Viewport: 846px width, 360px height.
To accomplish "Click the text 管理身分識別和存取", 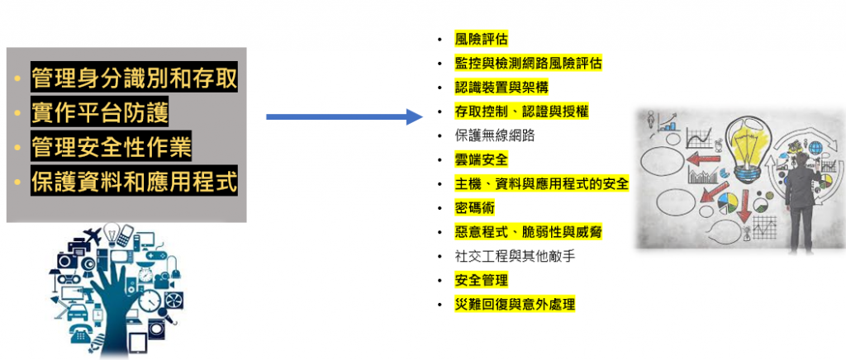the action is [134, 78].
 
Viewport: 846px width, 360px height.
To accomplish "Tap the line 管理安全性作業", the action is [112, 148].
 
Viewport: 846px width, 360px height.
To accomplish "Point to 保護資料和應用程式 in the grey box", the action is [134, 182].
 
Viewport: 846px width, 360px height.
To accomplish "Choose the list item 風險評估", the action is [481, 39].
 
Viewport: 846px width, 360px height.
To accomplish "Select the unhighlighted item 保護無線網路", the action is [494, 135].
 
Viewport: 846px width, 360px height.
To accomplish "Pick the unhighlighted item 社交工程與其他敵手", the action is [514, 256].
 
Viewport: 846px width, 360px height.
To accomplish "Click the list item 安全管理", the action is [481, 280].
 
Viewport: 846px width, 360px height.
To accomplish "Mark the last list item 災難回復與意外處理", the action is [514, 304].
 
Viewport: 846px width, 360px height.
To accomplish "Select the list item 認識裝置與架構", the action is [501, 87].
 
